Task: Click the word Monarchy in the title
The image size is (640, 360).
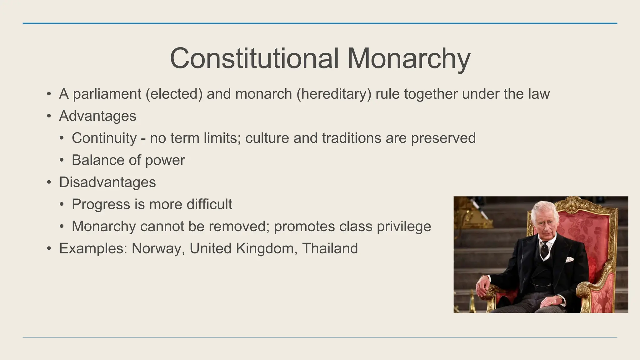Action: pos(408,59)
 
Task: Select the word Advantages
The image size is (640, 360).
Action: pos(97,116)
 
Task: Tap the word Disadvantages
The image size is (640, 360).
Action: pos(107,182)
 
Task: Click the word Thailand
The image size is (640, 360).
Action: pos(330,249)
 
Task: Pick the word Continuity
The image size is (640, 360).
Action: pos(104,138)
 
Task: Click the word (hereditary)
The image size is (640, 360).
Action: pos(334,94)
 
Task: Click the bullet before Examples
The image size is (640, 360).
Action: pos(49,249)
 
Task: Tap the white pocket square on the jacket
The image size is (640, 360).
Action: pos(569,259)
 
